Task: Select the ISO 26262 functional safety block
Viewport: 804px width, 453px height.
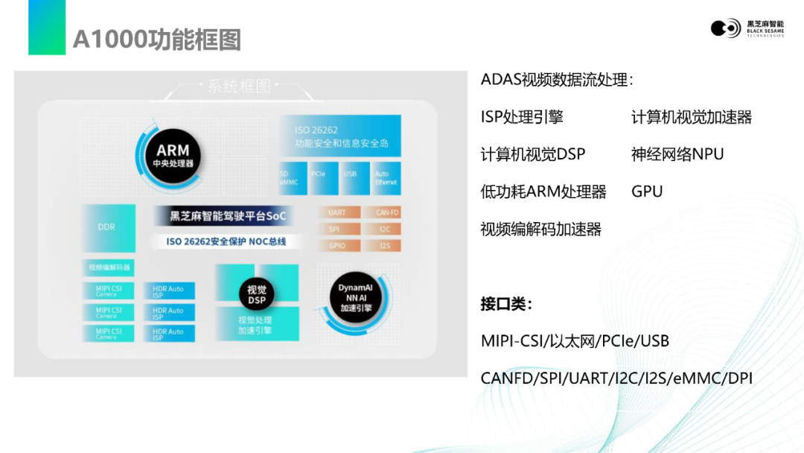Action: point(339,136)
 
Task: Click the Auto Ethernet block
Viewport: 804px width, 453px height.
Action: point(386,177)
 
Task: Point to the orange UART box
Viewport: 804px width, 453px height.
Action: point(337,213)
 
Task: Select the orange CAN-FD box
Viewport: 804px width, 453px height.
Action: point(383,213)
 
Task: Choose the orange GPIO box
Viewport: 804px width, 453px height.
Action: point(337,245)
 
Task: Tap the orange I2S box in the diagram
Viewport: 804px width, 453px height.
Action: point(383,245)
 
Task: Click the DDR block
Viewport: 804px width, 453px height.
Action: point(108,227)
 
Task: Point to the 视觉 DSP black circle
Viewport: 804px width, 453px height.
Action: point(257,295)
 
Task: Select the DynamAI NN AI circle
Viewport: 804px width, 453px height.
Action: point(355,298)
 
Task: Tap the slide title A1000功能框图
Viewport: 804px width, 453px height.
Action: point(156,39)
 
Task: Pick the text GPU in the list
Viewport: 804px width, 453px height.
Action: point(646,191)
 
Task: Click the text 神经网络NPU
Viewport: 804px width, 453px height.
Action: point(677,154)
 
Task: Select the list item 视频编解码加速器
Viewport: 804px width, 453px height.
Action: point(541,229)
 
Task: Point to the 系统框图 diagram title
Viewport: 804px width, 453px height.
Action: point(238,86)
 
